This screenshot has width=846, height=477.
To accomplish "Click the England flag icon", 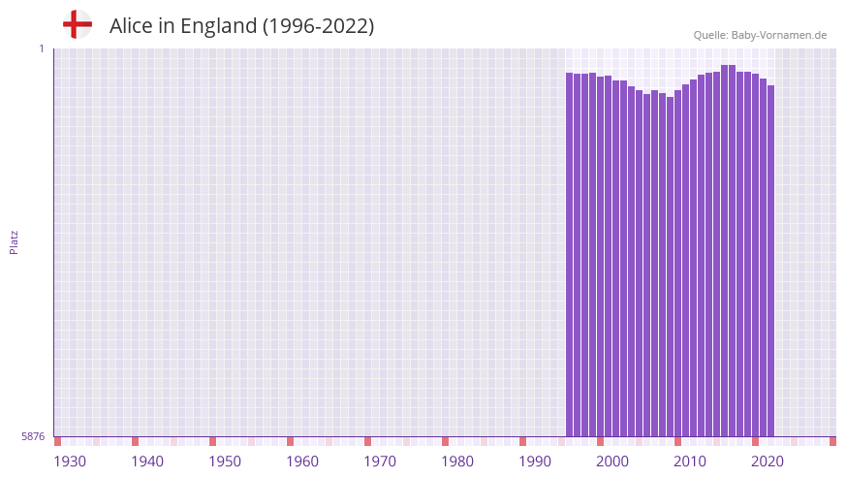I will tap(77, 24).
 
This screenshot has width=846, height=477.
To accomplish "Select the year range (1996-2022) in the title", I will tap(318, 26).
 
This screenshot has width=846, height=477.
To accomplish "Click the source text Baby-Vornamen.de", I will tap(779, 35).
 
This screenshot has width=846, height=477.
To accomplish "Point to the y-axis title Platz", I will tap(14, 241).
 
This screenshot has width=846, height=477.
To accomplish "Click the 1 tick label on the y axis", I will tap(42, 48).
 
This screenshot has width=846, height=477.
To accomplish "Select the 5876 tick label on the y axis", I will tap(33, 437).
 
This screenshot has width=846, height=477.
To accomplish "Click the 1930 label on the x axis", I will tap(70, 461).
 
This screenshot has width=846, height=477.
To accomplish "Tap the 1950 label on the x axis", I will tap(225, 461).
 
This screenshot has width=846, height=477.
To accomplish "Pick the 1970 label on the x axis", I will tap(380, 461).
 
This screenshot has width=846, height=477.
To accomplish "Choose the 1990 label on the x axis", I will tap(535, 461).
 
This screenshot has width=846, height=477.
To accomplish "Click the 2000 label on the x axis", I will tap(612, 461).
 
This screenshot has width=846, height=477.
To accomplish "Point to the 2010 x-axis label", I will tap(690, 461).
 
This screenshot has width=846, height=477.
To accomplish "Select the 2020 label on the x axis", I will tap(768, 461).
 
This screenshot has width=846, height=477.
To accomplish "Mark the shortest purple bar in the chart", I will tap(671, 267).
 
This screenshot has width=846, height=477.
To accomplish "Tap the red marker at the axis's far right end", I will tap(832, 441).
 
